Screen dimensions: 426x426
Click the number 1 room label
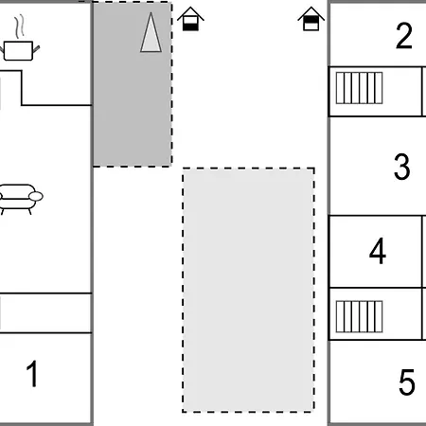click(x=32, y=374)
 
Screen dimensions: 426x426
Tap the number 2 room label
click(x=404, y=35)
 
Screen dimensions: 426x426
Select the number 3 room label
click(x=402, y=167)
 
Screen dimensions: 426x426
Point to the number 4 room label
click(x=378, y=251)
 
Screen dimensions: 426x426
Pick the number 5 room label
click(x=406, y=382)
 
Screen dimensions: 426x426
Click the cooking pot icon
click(x=18, y=50)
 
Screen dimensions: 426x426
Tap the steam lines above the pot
click(x=20, y=26)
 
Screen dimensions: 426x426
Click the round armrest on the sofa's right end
click(x=36, y=196)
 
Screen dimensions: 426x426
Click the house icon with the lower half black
click(x=190, y=19)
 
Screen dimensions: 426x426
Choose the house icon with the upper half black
click(x=311, y=19)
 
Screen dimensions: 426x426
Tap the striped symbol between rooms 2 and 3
click(x=359, y=88)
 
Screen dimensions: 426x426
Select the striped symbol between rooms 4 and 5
click(x=359, y=316)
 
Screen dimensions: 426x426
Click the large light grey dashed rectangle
click(x=248, y=290)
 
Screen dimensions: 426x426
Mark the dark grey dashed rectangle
click(x=133, y=84)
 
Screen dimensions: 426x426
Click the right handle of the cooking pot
click(x=36, y=49)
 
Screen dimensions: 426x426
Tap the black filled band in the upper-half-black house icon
click(x=311, y=20)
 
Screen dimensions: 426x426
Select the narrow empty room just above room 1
click(x=45, y=313)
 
